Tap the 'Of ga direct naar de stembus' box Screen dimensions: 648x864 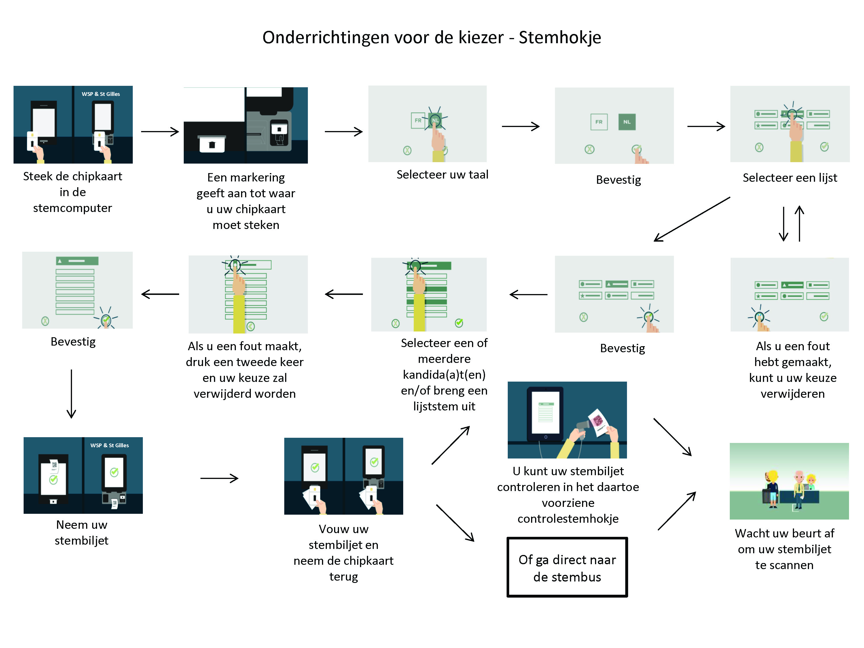pyautogui.click(x=567, y=568)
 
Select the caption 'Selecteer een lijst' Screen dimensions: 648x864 pyautogui.click(x=790, y=178)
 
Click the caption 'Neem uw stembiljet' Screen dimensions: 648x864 pyautogui.click(x=82, y=533)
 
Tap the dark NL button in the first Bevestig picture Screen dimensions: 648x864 pyautogui.click(x=627, y=122)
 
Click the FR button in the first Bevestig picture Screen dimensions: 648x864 pyautogui.click(x=599, y=122)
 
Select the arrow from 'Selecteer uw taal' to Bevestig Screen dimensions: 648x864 pyautogui.click(x=520, y=126)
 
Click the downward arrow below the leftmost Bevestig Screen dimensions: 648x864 pyautogui.click(x=71, y=393)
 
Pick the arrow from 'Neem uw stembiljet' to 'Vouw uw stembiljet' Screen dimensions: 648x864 pyautogui.click(x=219, y=478)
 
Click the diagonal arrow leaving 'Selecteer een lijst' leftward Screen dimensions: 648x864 pyautogui.click(x=691, y=219)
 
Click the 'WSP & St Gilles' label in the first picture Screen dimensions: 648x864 pyautogui.click(x=101, y=94)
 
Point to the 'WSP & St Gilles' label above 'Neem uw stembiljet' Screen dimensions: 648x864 pyautogui.click(x=109, y=445)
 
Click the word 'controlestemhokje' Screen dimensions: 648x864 pyautogui.click(x=568, y=519)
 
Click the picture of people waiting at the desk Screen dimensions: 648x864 pyautogui.click(x=789, y=481)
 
